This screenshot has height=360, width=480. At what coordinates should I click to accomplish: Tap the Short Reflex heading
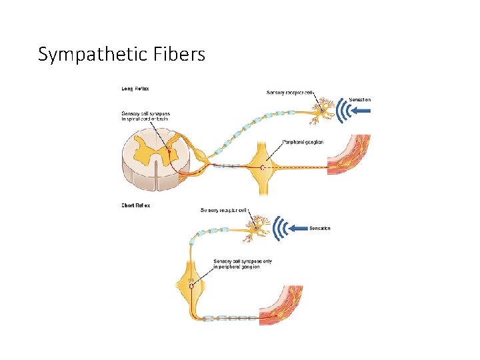coord(136,205)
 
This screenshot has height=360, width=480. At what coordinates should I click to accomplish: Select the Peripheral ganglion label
coord(304,141)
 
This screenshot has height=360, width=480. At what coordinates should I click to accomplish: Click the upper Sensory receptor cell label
coord(289,92)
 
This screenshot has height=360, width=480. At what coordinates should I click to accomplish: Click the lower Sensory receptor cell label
coord(224,210)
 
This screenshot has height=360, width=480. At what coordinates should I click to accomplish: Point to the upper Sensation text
coord(357,99)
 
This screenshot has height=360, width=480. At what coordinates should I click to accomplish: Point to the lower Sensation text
coord(320,228)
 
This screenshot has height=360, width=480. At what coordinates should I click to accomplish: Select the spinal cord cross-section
coord(155,157)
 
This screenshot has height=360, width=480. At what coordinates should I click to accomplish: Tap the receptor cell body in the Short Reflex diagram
coord(257,229)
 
